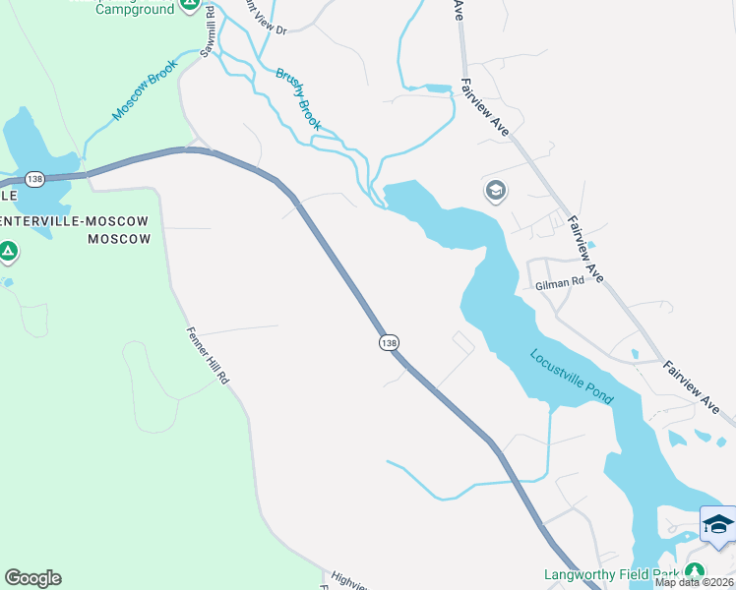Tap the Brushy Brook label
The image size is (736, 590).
[x=298, y=98]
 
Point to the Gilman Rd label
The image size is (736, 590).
[x=560, y=281]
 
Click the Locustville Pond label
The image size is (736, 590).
[x=572, y=377]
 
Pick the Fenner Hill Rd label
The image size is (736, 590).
[x=208, y=355]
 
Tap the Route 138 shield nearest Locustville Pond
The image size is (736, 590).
[x=389, y=342]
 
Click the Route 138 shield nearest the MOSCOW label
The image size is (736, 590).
[x=35, y=179]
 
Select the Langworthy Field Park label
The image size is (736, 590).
[x=610, y=574]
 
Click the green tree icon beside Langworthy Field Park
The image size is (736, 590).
[x=695, y=571]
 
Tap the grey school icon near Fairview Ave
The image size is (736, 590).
[x=496, y=190]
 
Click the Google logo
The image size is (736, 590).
[x=32, y=578]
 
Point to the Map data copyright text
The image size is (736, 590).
[x=695, y=582]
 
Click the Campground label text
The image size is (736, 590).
[x=135, y=8]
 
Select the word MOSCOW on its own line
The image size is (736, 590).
[x=119, y=239]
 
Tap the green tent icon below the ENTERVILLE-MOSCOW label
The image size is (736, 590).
[x=8, y=252]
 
